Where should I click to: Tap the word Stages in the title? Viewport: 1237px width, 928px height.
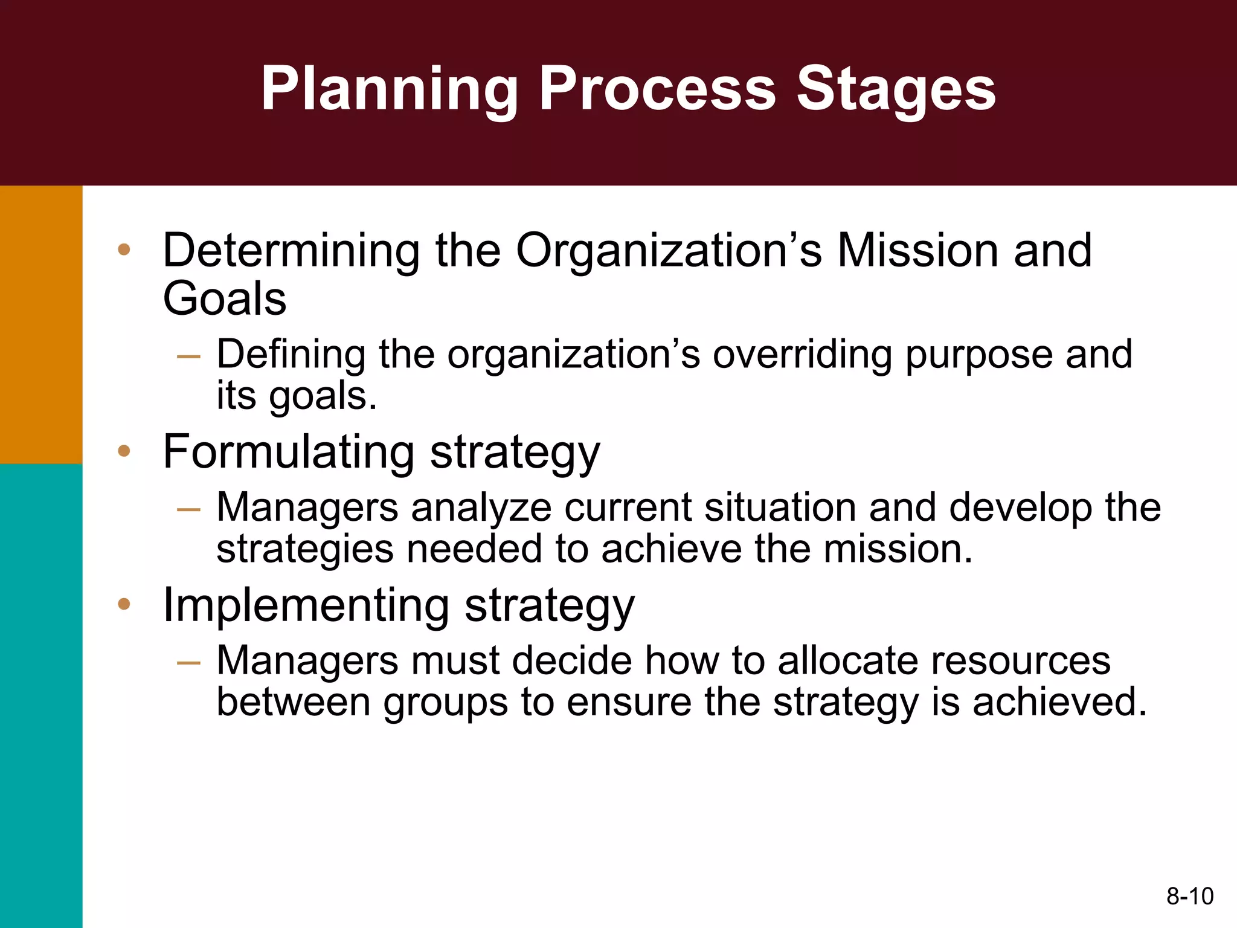point(896,89)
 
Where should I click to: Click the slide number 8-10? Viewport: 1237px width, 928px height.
point(1189,896)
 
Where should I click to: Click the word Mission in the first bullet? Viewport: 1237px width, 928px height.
point(917,250)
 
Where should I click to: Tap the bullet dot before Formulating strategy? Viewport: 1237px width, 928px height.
point(124,451)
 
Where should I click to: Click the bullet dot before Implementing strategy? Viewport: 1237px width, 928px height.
point(124,604)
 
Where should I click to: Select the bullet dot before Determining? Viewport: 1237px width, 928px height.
point(124,250)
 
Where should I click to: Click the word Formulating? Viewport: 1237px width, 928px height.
point(289,452)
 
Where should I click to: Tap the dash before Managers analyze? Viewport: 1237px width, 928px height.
point(188,509)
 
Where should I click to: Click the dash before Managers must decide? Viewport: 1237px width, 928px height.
point(188,663)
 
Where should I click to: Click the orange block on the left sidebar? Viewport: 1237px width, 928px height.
point(41,324)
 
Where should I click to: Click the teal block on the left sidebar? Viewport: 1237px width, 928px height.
point(41,695)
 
